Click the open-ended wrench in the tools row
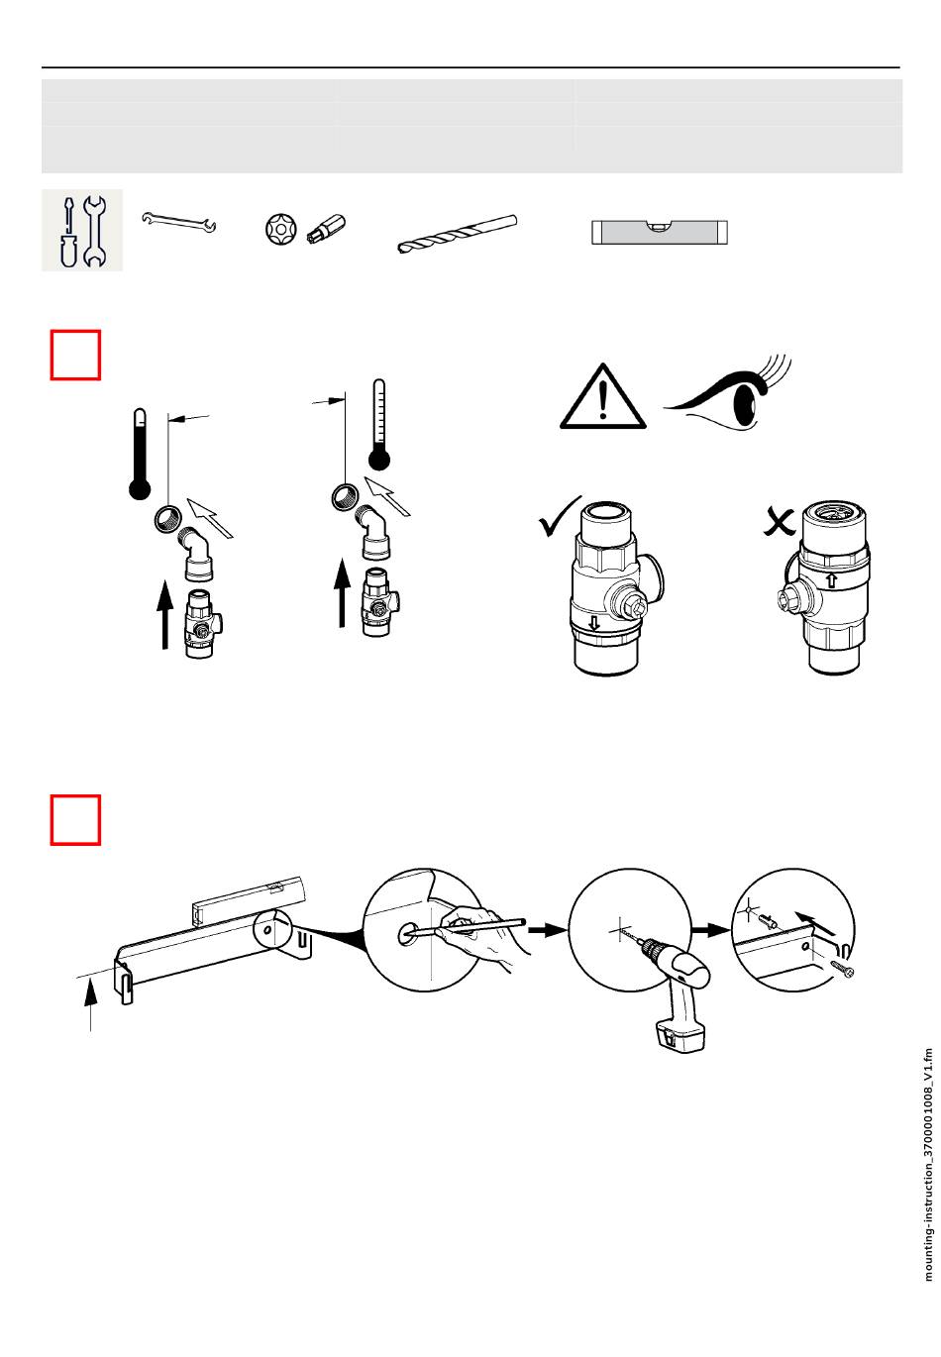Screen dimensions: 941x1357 [x=178, y=222]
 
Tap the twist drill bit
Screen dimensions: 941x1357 [x=458, y=233]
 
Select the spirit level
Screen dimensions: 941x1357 [x=660, y=232]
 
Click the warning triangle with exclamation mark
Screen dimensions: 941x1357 [x=602, y=397]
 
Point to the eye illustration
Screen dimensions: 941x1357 [x=727, y=395]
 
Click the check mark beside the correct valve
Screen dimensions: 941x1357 [x=559, y=515]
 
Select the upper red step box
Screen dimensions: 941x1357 [x=75, y=355]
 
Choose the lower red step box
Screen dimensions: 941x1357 [x=75, y=820]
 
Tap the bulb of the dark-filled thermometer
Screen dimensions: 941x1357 [x=140, y=489]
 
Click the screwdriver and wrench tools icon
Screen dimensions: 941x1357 [x=82, y=230]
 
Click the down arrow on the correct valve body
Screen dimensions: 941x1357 [x=593, y=622]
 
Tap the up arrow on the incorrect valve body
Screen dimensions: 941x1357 [x=831, y=579]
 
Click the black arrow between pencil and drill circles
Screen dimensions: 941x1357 [x=546, y=928]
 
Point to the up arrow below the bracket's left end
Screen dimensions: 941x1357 [x=90, y=1004]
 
